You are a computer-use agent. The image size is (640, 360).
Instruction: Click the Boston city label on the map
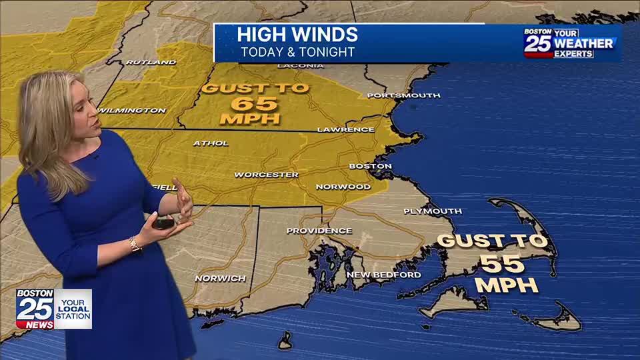[370, 166]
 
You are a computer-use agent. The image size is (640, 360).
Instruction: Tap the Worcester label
[266, 175]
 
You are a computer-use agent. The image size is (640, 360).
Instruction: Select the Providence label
[319, 231]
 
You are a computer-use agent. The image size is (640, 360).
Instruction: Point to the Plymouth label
[433, 211]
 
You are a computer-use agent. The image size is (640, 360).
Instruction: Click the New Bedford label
[383, 275]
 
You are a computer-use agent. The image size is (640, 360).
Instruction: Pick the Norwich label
[220, 278]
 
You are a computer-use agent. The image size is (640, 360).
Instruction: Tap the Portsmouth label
[404, 95]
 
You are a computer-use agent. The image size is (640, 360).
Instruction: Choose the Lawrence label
[345, 129]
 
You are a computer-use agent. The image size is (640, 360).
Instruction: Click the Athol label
[211, 143]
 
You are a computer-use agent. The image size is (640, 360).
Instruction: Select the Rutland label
[151, 62]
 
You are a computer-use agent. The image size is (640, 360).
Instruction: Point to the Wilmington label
[132, 110]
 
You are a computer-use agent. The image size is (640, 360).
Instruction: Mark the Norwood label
[343, 187]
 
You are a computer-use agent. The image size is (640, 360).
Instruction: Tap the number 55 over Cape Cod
[503, 264]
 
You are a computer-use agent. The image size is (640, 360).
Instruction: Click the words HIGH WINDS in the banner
[297, 35]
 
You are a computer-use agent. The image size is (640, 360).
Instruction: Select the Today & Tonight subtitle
[297, 52]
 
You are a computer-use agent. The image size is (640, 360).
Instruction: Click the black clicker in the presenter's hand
[164, 221]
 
